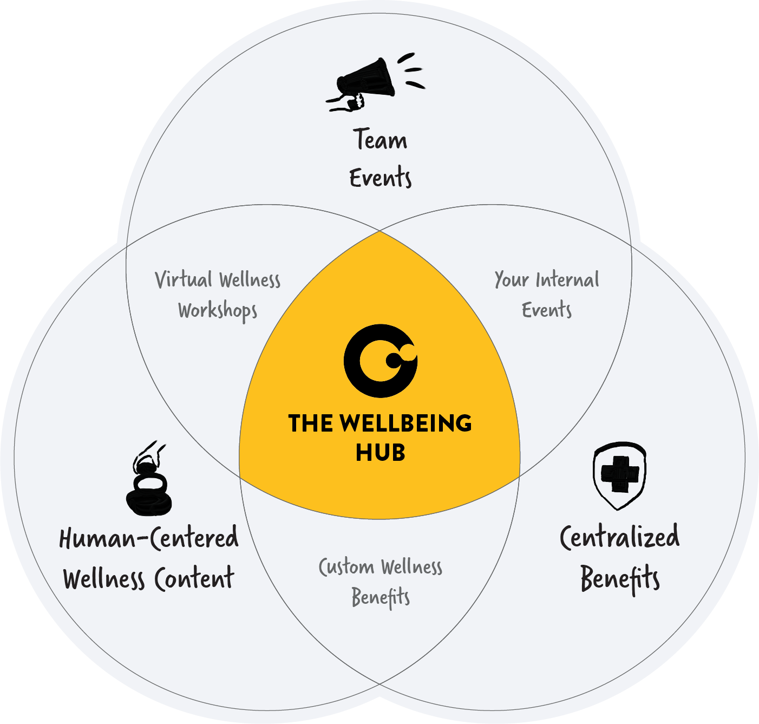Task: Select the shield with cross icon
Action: click(x=619, y=475)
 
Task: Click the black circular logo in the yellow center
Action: click(x=380, y=361)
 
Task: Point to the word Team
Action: click(x=380, y=139)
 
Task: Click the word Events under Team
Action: click(x=380, y=178)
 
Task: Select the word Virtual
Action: click(x=184, y=280)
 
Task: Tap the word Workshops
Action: click(x=218, y=311)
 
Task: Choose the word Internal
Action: click(x=567, y=280)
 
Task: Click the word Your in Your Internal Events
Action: click(x=511, y=280)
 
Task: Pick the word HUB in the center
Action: click(x=380, y=453)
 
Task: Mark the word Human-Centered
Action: click(x=149, y=538)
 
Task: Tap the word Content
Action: click(x=194, y=578)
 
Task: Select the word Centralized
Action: click(x=619, y=537)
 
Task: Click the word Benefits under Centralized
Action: click(x=620, y=578)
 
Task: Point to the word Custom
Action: click(x=346, y=567)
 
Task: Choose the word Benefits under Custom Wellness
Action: click(x=380, y=598)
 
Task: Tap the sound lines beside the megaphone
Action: click(x=412, y=70)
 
